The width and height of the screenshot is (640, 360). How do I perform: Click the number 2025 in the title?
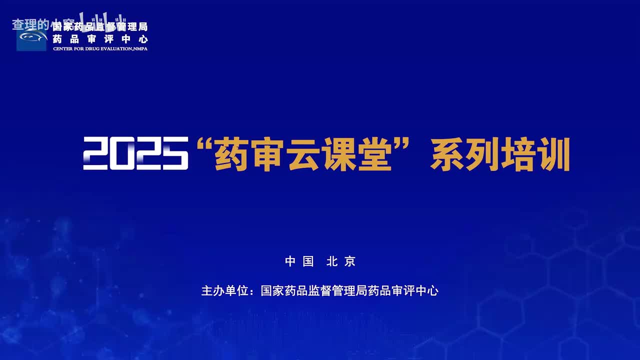point(135,153)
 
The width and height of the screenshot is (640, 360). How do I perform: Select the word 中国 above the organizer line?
point(299,261)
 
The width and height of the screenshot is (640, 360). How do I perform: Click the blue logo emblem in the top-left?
point(31,38)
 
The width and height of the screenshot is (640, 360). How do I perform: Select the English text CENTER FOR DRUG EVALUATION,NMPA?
point(100,48)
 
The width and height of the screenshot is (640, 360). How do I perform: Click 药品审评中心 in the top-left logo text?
point(100,39)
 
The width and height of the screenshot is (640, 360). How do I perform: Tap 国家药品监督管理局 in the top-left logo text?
point(100,27)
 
